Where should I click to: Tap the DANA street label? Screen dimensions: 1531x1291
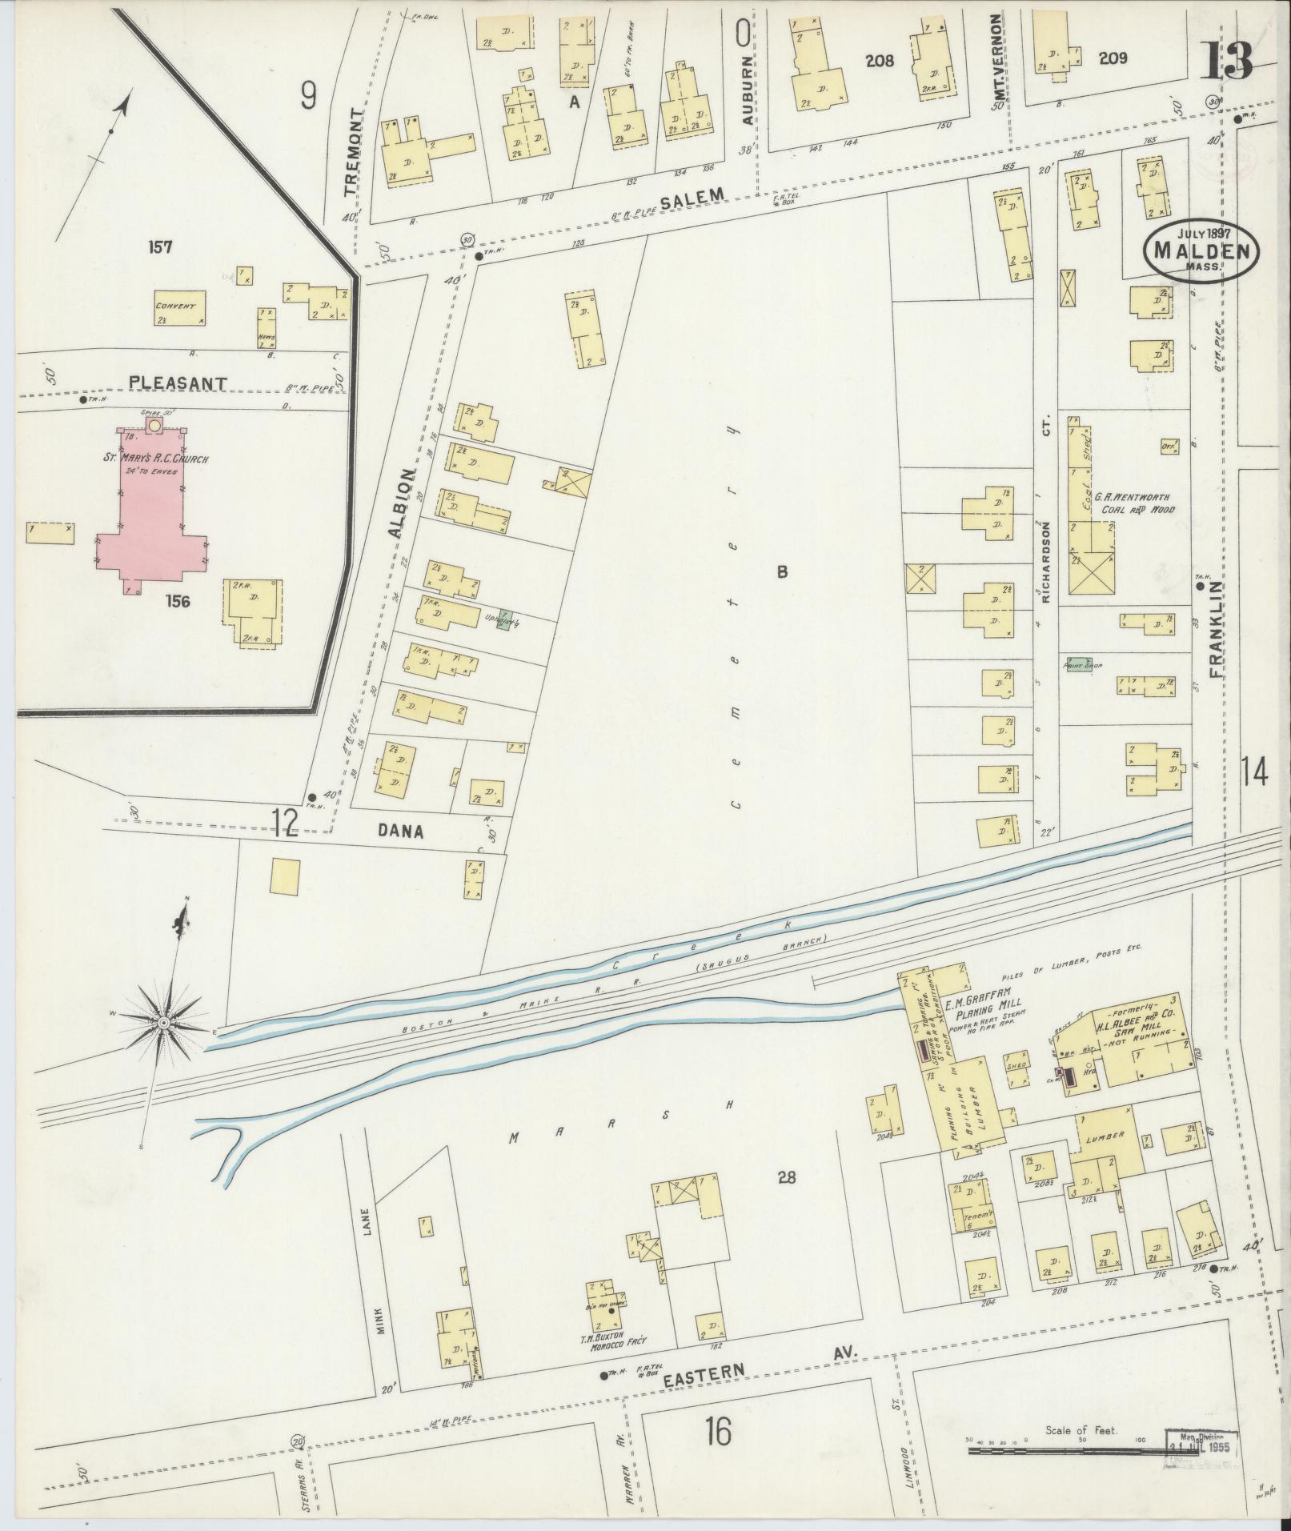[402, 832]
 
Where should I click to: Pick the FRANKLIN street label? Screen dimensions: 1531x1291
[1217, 632]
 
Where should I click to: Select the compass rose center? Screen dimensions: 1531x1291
[164, 1023]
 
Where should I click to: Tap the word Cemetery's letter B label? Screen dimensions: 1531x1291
[782, 571]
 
